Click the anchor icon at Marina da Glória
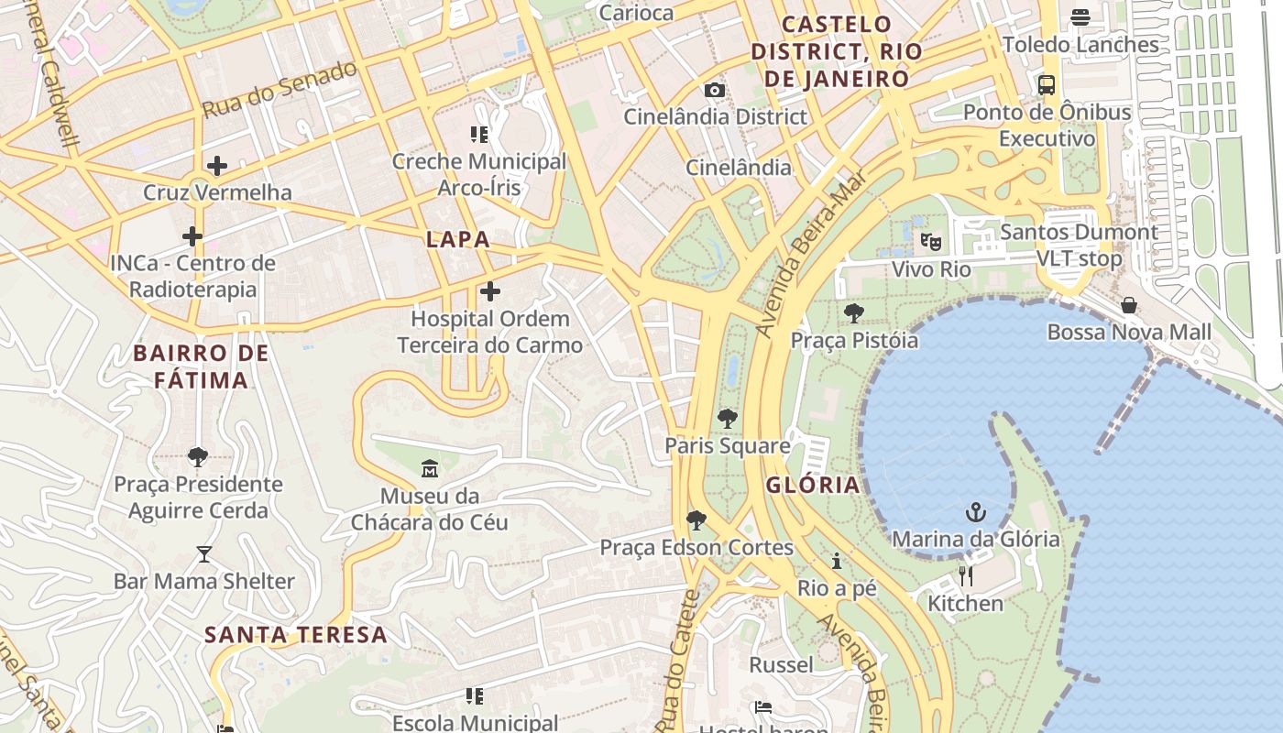(976, 511)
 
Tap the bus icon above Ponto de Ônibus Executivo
(1047, 85)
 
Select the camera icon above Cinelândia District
(714, 90)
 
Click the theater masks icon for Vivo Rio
(930, 242)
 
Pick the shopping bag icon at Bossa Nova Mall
(1129, 305)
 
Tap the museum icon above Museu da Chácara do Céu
(430, 469)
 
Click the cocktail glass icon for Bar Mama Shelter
(203, 554)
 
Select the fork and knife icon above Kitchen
(965, 576)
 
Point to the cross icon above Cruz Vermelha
(217, 166)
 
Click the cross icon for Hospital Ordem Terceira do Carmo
(490, 292)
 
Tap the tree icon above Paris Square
(728, 419)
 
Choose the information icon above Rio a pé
(836, 561)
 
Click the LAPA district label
(458, 240)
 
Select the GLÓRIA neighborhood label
(813, 485)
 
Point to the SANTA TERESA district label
(295, 634)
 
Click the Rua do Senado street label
(279, 89)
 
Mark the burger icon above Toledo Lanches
(1080, 17)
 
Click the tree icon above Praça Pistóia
(854, 313)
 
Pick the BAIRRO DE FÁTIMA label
(201, 366)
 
